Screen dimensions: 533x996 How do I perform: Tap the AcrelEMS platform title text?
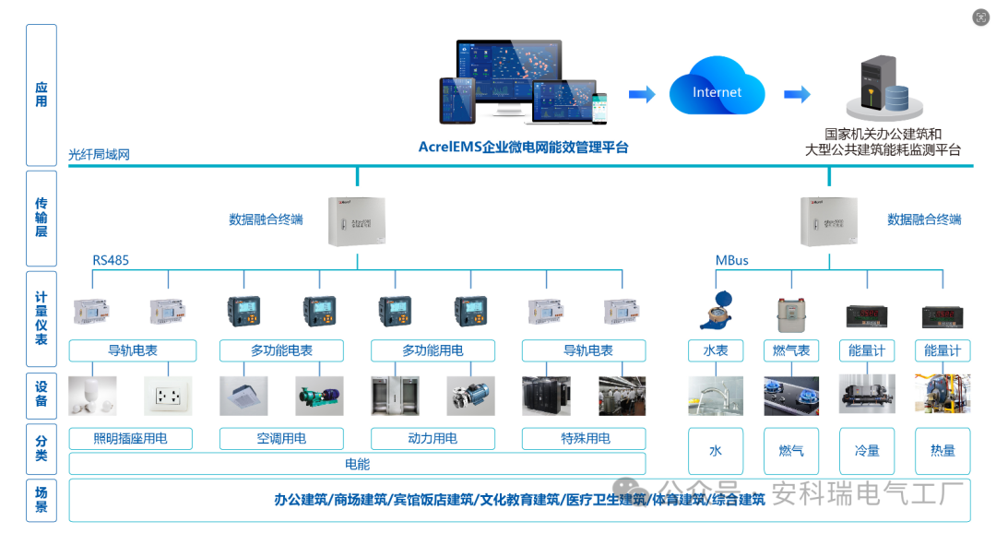(523, 147)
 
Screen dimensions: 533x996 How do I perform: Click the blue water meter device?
(715, 311)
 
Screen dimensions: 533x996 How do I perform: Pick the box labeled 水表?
(715, 350)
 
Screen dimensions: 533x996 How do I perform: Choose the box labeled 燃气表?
(790, 350)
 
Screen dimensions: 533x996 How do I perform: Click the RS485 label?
(111, 260)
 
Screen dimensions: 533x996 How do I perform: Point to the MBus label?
(732, 260)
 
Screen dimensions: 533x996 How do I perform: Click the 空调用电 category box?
(281, 438)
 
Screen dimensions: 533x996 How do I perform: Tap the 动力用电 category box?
(433, 438)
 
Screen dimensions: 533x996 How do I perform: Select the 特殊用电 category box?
(585, 438)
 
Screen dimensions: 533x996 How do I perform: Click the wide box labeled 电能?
(357, 464)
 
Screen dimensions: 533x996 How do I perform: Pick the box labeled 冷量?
(867, 451)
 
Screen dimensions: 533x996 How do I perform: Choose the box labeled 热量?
(943, 451)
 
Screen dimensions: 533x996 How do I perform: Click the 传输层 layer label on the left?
(41, 218)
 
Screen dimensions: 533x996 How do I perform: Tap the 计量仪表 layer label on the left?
(41, 318)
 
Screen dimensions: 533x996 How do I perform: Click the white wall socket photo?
(168, 396)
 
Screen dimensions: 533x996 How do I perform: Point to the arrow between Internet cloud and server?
(797, 94)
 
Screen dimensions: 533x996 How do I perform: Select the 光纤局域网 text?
(99, 155)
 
